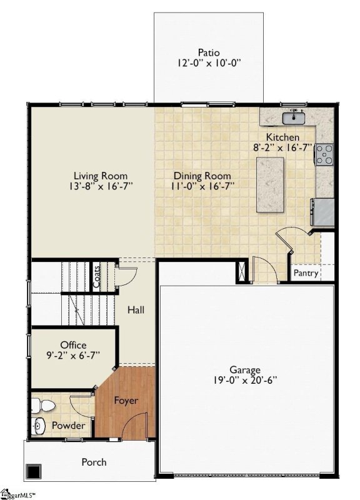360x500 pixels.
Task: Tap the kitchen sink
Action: tap(292, 117)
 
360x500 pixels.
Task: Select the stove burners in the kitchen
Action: tap(324, 154)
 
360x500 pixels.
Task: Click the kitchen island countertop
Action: tap(269, 185)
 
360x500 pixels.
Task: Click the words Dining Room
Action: tap(202, 176)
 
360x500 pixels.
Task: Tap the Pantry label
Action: tap(306, 273)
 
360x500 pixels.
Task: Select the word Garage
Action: tap(244, 369)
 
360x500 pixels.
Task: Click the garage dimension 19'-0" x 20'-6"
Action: tap(244, 380)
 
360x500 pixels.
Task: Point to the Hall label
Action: tap(136, 309)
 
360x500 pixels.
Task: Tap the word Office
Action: tap(73, 345)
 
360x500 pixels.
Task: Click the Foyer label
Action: tap(126, 401)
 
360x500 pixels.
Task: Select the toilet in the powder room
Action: tap(44, 406)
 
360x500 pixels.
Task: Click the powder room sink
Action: tap(39, 426)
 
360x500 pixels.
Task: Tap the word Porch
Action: tap(94, 462)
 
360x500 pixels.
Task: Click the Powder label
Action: tap(68, 426)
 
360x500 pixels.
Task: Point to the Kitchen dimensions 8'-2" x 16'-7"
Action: tap(291, 147)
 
